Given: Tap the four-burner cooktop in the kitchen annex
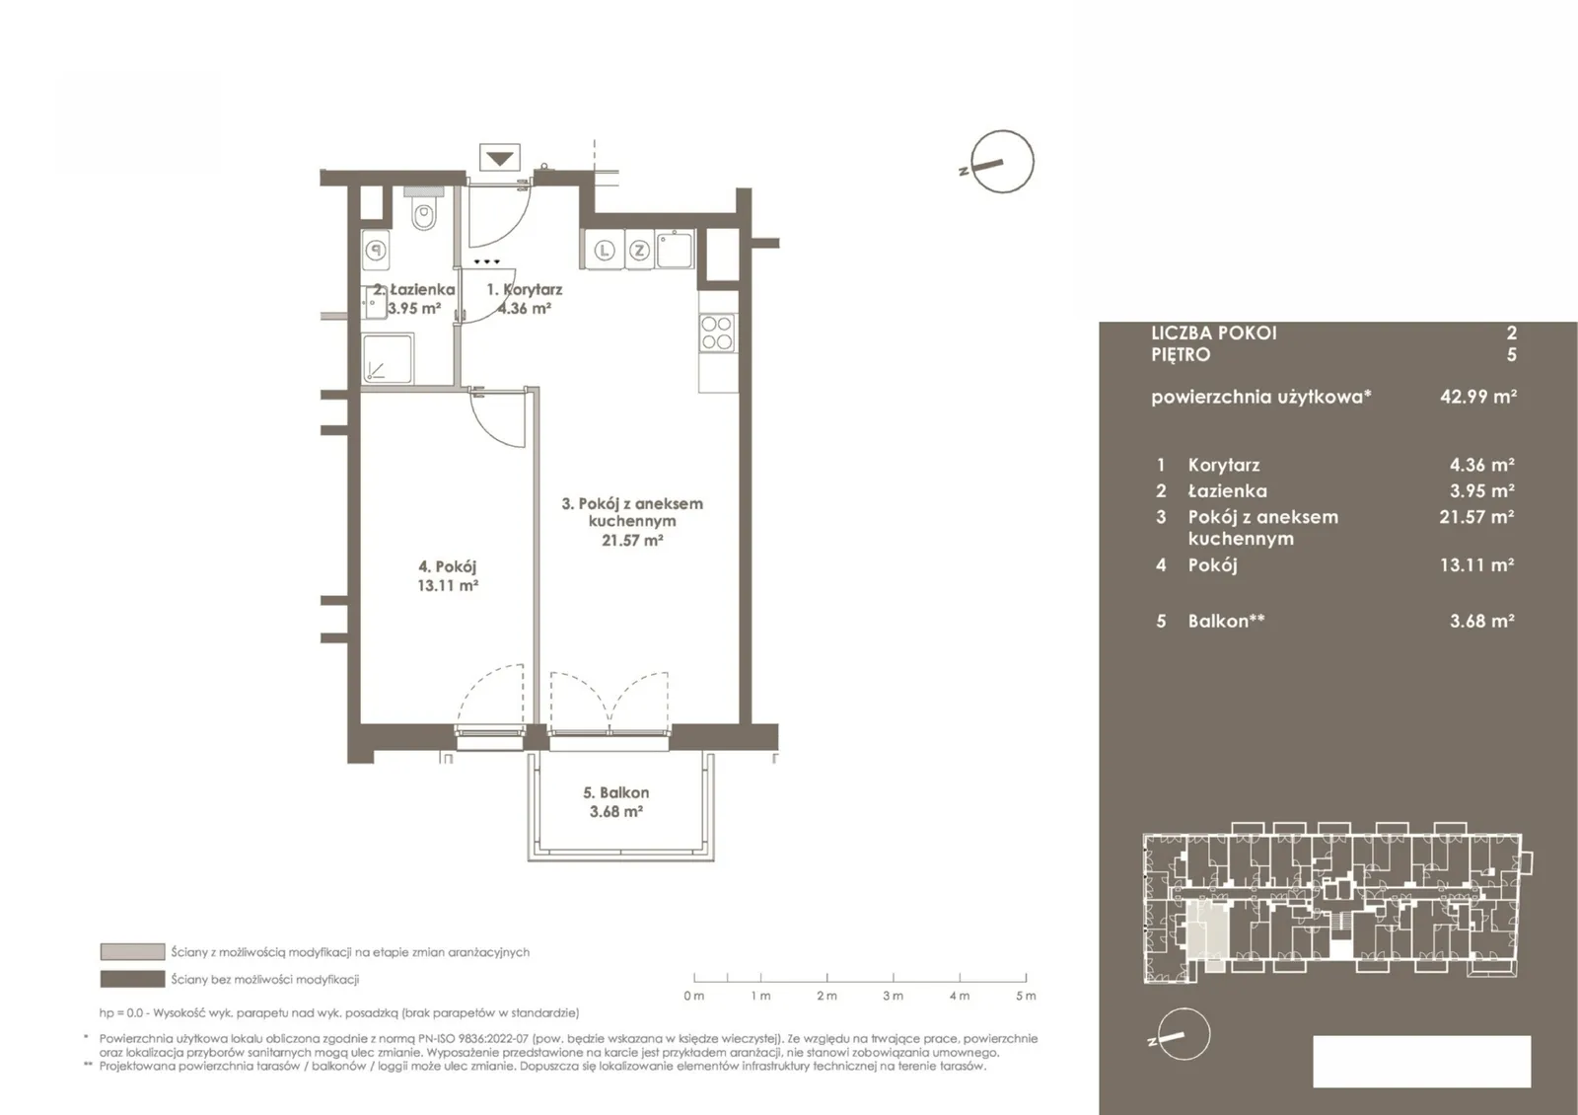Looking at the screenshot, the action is coord(717,334).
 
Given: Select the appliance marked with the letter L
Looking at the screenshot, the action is coord(604,250).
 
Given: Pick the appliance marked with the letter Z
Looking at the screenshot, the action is coord(639,250).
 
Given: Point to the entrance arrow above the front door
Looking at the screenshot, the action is coord(500,157).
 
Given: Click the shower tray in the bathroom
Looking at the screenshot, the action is coord(388,358).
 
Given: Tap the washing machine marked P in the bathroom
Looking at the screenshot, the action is coord(377,250).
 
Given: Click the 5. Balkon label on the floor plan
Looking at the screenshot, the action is coord(615,792).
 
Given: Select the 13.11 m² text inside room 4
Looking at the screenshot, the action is coord(448,585).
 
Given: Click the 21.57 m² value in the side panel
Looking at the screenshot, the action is coord(1476,517).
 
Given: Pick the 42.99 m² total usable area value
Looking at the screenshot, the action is coord(1478,396).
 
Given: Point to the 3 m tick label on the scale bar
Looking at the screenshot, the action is coord(893,996).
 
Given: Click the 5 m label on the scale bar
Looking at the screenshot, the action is coord(1026,996).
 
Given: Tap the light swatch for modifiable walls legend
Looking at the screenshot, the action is coord(132,951).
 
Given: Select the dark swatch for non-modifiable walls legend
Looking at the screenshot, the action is coord(132,978).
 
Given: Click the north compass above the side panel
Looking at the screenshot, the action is coord(1002,162).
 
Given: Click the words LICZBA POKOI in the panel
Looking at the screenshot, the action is coord(1214,333).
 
